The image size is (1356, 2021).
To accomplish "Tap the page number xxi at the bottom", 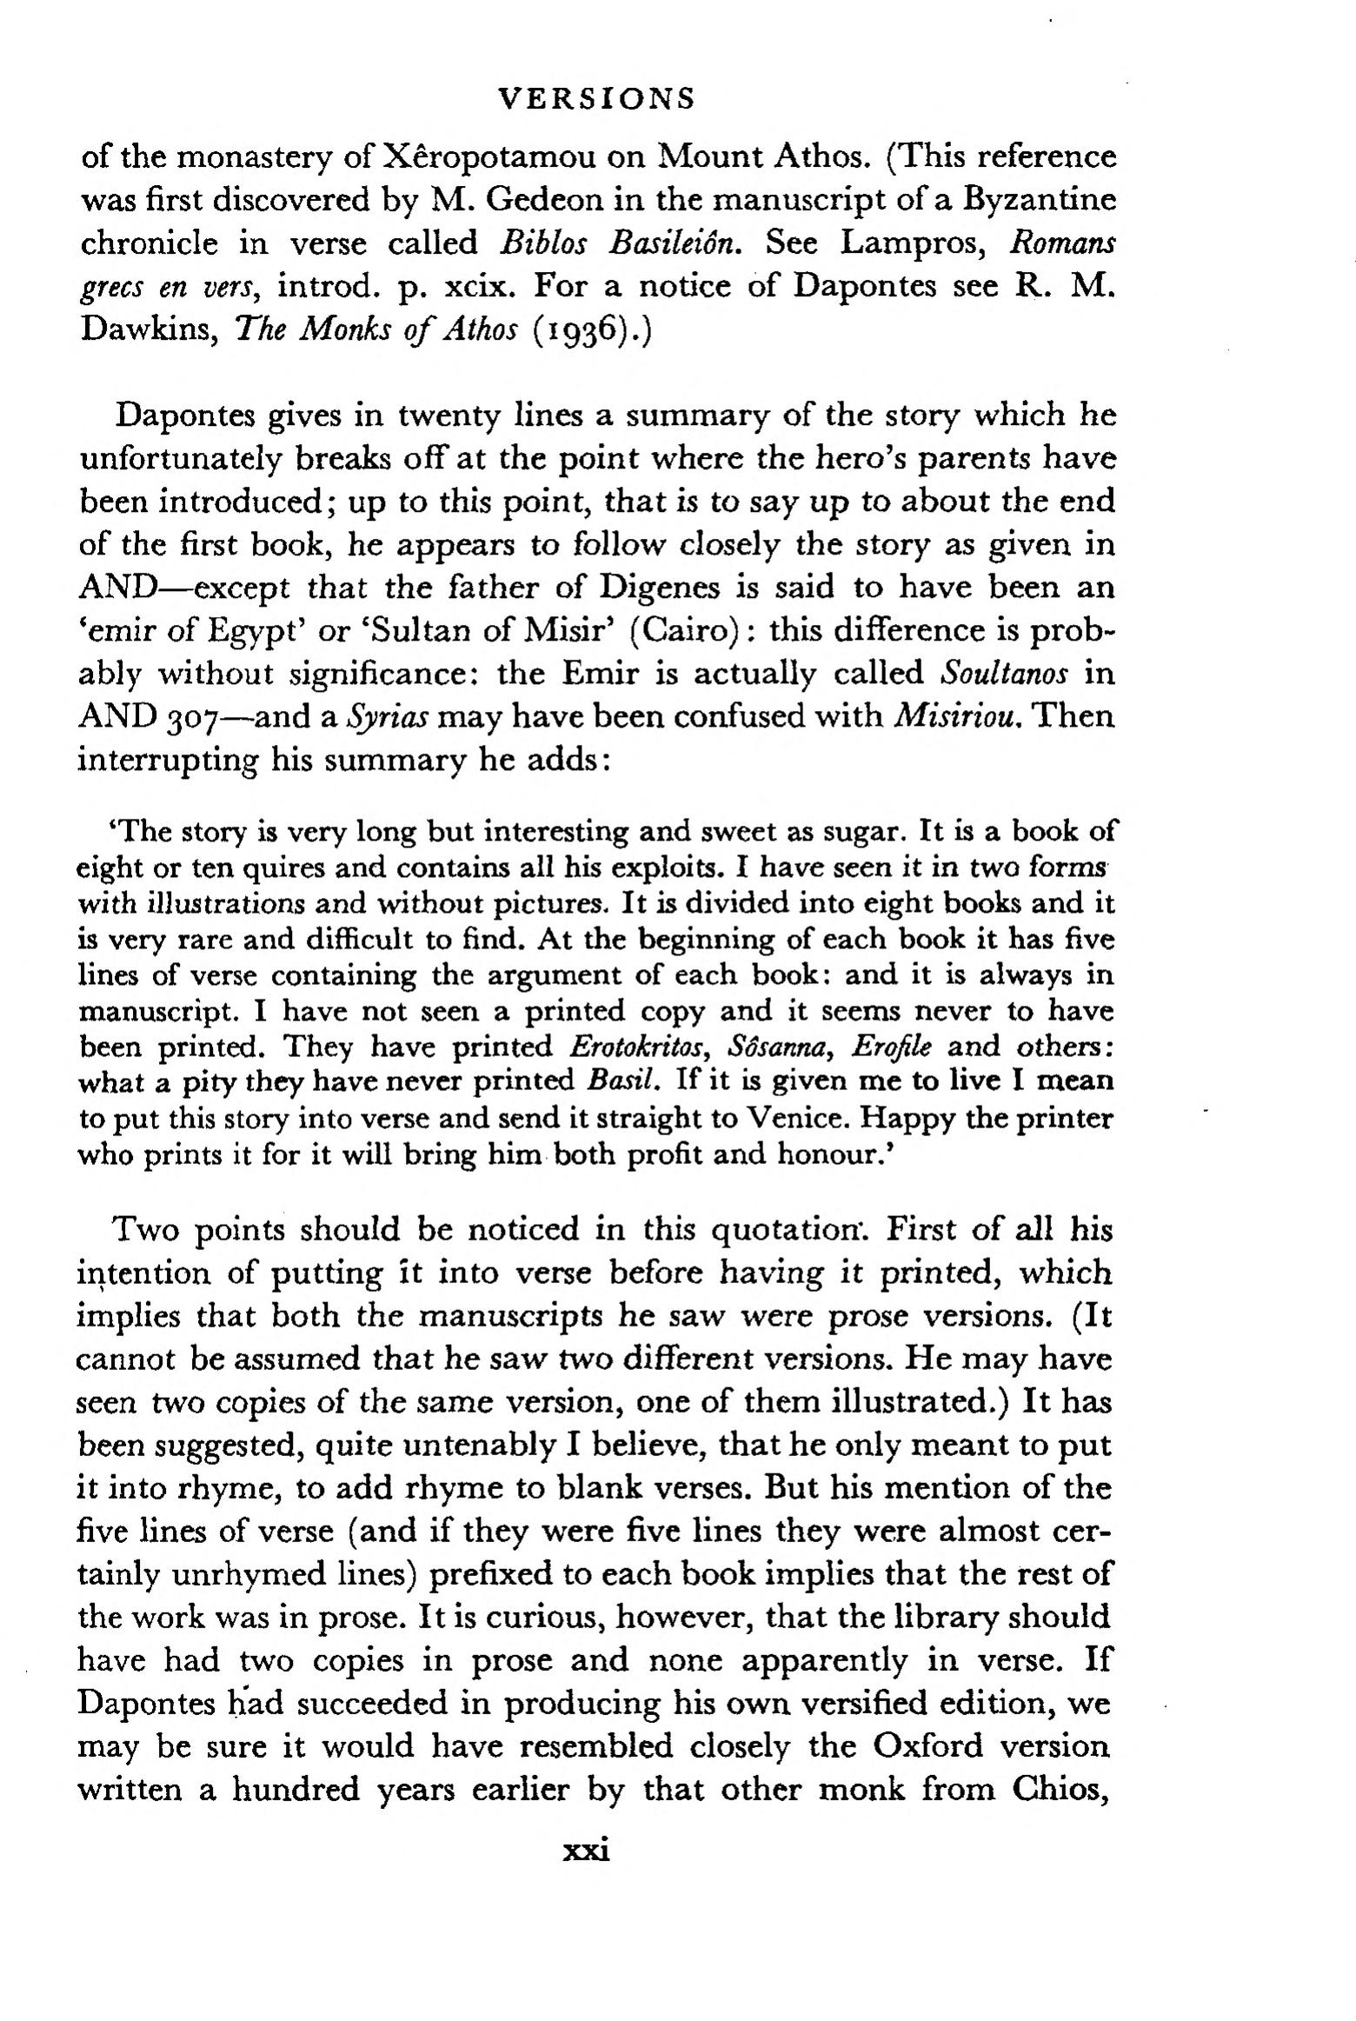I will coord(587,1849).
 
